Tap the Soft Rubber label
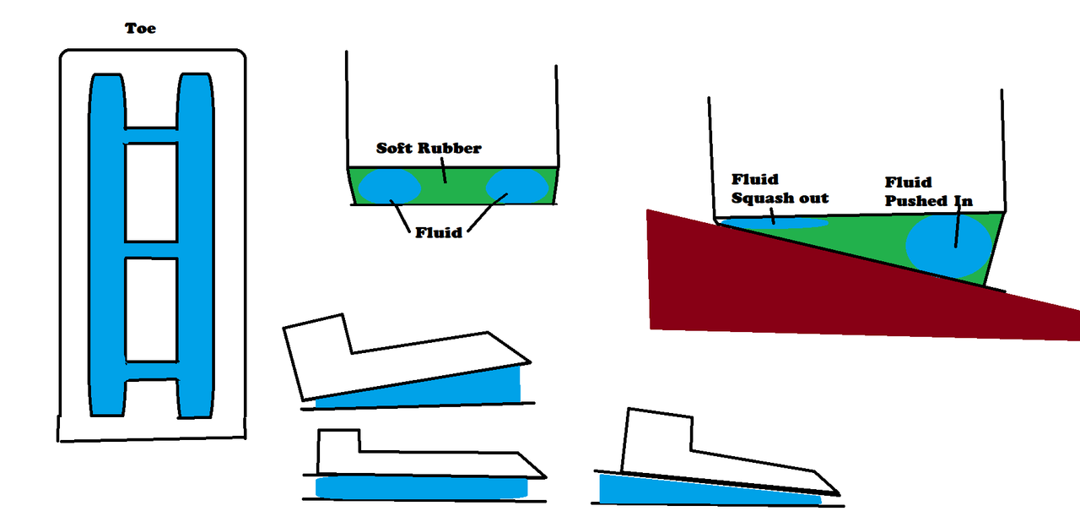tap(429, 149)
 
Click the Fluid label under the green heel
tap(438, 231)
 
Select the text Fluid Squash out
tap(780, 188)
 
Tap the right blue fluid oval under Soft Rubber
tap(516, 186)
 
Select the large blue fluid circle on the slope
tap(948, 245)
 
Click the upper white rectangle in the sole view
tap(152, 192)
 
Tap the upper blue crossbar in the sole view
tap(152, 136)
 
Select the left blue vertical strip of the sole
tap(106, 245)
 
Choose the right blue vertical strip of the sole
tap(196, 245)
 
